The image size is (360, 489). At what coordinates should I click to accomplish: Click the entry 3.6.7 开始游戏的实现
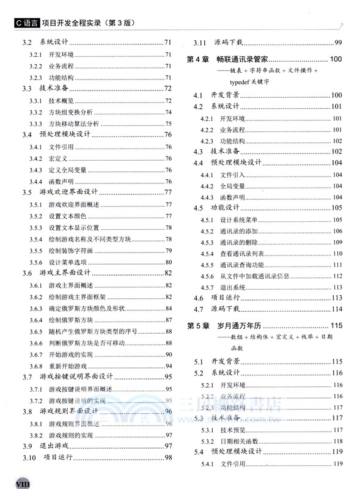70,355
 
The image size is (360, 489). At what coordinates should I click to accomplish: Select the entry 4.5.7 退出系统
232,287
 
